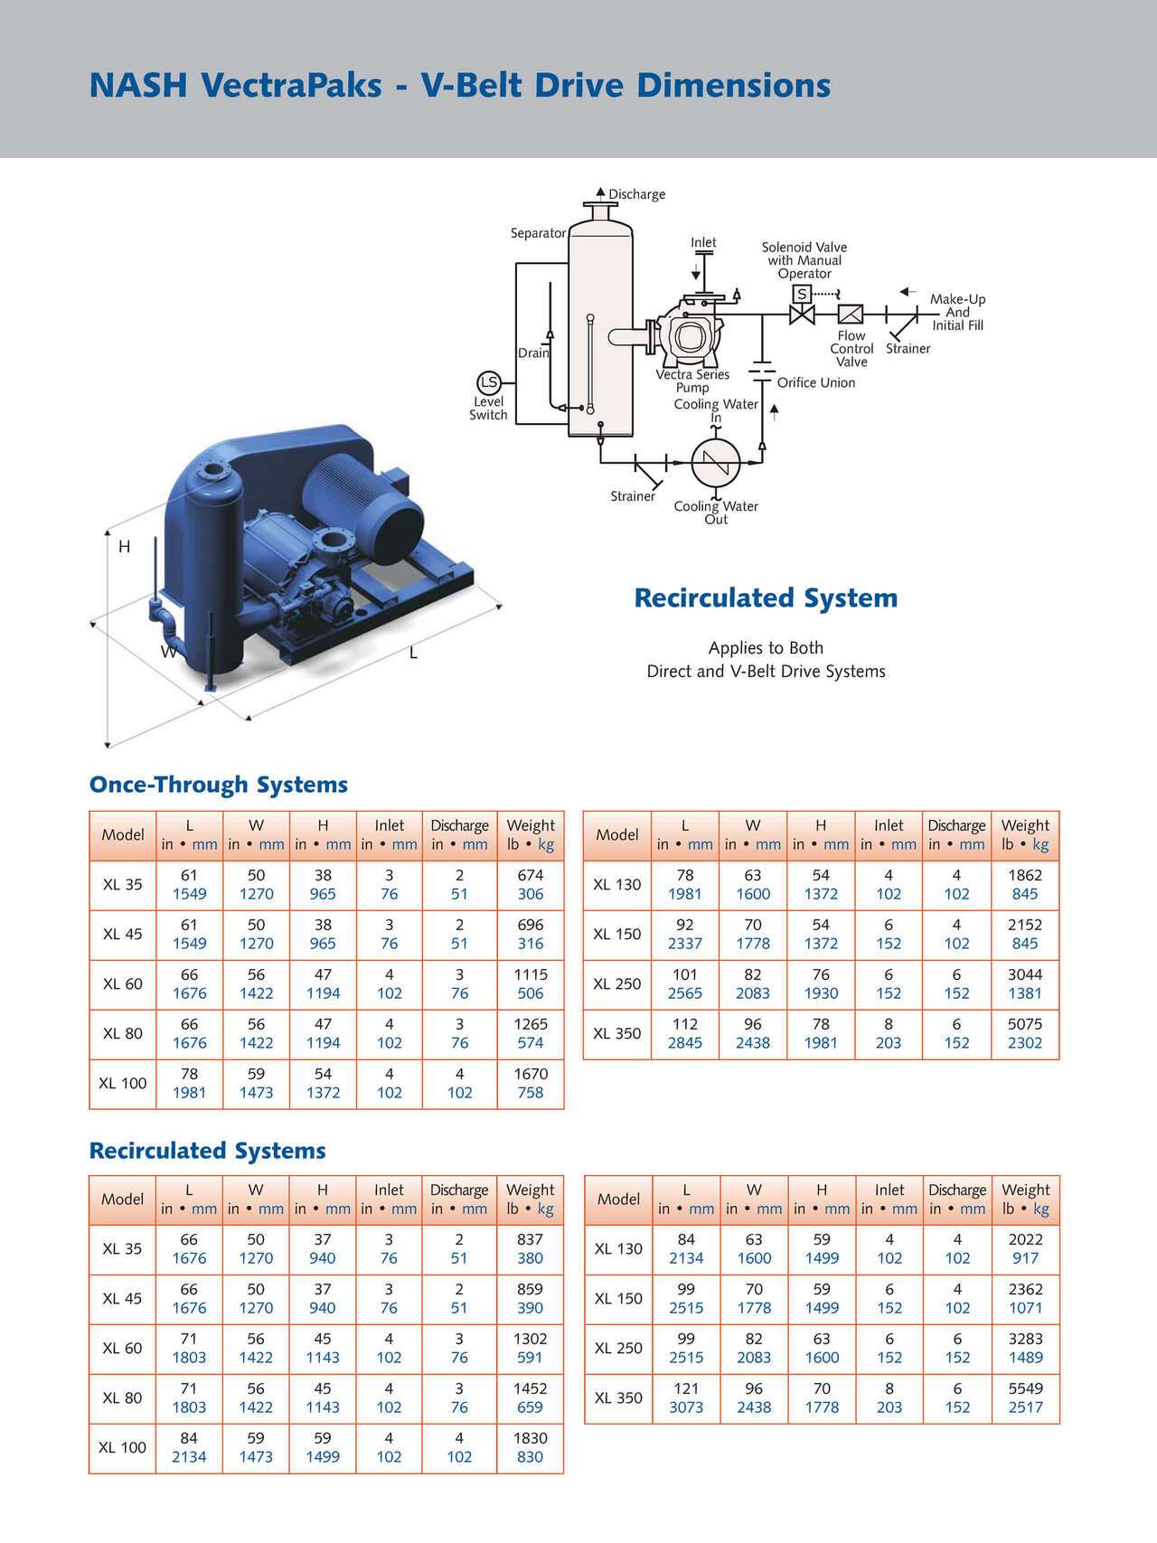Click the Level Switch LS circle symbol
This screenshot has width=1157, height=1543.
pyautogui.click(x=488, y=382)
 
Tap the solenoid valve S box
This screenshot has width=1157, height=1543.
pyautogui.click(x=802, y=294)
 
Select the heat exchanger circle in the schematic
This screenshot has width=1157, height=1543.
pyautogui.click(x=716, y=463)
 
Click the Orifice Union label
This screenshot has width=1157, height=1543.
pyautogui.click(x=815, y=382)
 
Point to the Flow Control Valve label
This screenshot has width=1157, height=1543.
pyautogui.click(x=851, y=349)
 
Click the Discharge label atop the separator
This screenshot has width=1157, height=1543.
pyautogui.click(x=636, y=194)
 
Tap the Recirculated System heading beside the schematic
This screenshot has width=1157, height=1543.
pyautogui.click(x=766, y=598)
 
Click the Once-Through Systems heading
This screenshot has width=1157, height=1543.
pyautogui.click(x=218, y=785)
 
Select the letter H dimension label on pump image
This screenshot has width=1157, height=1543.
pyautogui.click(x=125, y=547)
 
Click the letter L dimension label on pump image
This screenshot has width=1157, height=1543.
pyautogui.click(x=413, y=653)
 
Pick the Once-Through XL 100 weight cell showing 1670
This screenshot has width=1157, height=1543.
pyautogui.click(x=531, y=1083)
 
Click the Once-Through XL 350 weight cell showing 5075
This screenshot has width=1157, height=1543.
pyautogui.click(x=1025, y=1033)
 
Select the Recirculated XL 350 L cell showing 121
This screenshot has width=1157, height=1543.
pyautogui.click(x=686, y=1397)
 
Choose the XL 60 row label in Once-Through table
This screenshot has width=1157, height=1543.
pyautogui.click(x=123, y=983)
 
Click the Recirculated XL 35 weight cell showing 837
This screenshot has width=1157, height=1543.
pyautogui.click(x=530, y=1248)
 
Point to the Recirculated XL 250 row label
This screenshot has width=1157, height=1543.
pyautogui.click(x=618, y=1348)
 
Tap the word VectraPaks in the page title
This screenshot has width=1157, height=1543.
pyautogui.click(x=303, y=86)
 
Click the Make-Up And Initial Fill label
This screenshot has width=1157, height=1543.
pyautogui.click(x=957, y=312)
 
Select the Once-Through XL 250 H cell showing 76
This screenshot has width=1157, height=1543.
pyautogui.click(x=821, y=983)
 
